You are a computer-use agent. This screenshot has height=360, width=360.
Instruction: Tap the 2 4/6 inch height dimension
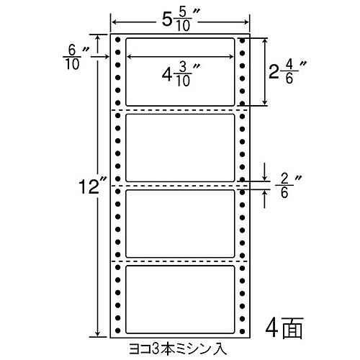coord(288,73)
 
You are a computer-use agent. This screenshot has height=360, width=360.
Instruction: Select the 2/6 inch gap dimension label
coord(288,186)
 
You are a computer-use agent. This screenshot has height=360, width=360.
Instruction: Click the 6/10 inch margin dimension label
coord(76,58)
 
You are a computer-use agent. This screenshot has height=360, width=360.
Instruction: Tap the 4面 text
coord(284,328)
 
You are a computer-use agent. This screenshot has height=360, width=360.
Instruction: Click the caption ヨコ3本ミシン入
coord(178,349)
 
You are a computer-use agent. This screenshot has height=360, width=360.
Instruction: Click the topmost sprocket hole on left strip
coord(117,40)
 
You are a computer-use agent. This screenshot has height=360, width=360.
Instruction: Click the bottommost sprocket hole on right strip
coord(243,331)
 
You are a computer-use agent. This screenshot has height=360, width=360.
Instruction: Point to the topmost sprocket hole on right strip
coord(243,40)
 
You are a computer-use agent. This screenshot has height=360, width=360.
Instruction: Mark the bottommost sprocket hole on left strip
coord(117,331)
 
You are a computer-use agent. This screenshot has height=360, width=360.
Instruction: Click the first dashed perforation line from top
coord(180,110)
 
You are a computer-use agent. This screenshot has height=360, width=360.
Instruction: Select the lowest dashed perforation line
coord(180,261)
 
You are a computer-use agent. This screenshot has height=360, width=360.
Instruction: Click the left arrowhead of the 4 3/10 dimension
coord(129,57)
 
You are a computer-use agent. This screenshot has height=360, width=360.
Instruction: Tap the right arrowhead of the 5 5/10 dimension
coord(246,22)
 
